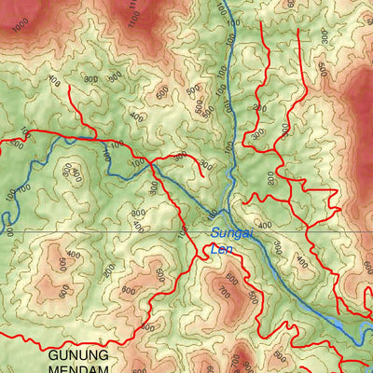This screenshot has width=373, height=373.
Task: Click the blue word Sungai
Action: tap(230, 233)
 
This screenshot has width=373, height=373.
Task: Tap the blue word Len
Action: tap(220, 248)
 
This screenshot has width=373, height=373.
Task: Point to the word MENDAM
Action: tap(78, 369)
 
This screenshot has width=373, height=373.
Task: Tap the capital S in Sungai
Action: tap(214, 233)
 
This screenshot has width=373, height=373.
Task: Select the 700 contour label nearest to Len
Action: tap(223, 293)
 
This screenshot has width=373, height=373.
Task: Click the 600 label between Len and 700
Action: tap(230, 278)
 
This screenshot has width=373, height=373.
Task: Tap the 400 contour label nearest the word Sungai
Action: tap(264, 225)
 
